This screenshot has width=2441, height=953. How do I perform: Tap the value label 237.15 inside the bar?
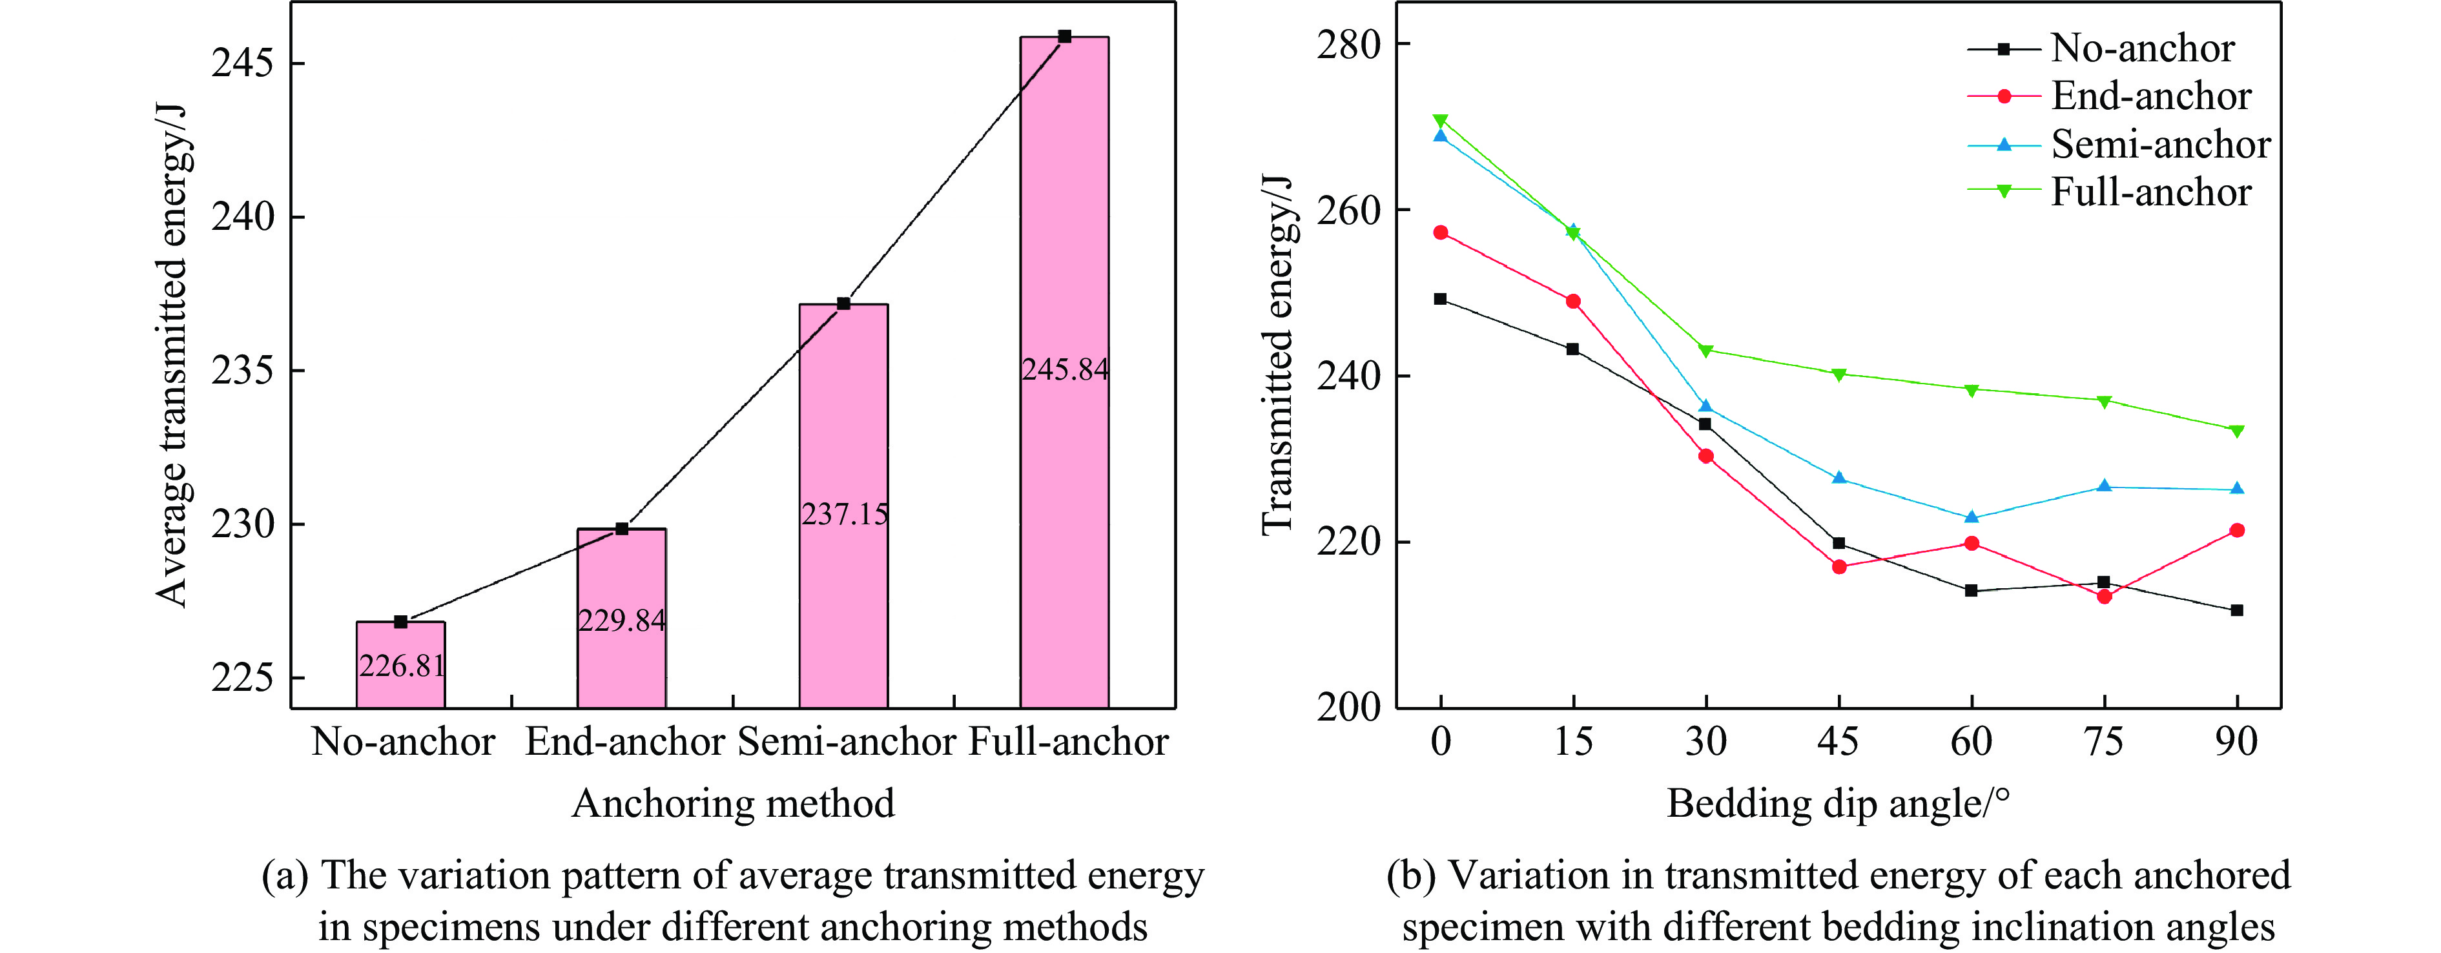(x=844, y=515)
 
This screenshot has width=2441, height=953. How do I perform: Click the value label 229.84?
(x=622, y=620)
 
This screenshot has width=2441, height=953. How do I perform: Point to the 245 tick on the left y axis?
(x=242, y=63)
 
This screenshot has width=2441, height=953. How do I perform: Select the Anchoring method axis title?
(x=732, y=803)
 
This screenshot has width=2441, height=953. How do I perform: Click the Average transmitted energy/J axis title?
(x=172, y=355)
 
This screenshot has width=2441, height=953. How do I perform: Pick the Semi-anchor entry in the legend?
(x=2161, y=144)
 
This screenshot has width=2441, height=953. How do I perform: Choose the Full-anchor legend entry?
(x=2151, y=192)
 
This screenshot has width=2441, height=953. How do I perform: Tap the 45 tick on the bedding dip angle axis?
(x=1838, y=741)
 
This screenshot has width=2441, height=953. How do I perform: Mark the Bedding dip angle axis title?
(x=1838, y=803)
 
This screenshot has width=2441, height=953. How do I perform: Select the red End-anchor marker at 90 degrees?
(x=2238, y=531)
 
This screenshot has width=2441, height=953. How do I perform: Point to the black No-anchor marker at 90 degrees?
(x=2238, y=610)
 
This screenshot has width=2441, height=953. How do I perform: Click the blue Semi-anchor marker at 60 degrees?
(x=1972, y=517)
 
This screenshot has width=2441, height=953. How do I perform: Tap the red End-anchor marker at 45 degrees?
(x=1839, y=566)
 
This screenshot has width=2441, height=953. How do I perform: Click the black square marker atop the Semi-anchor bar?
(x=843, y=303)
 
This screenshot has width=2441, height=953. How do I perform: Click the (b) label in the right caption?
(x=1412, y=876)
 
